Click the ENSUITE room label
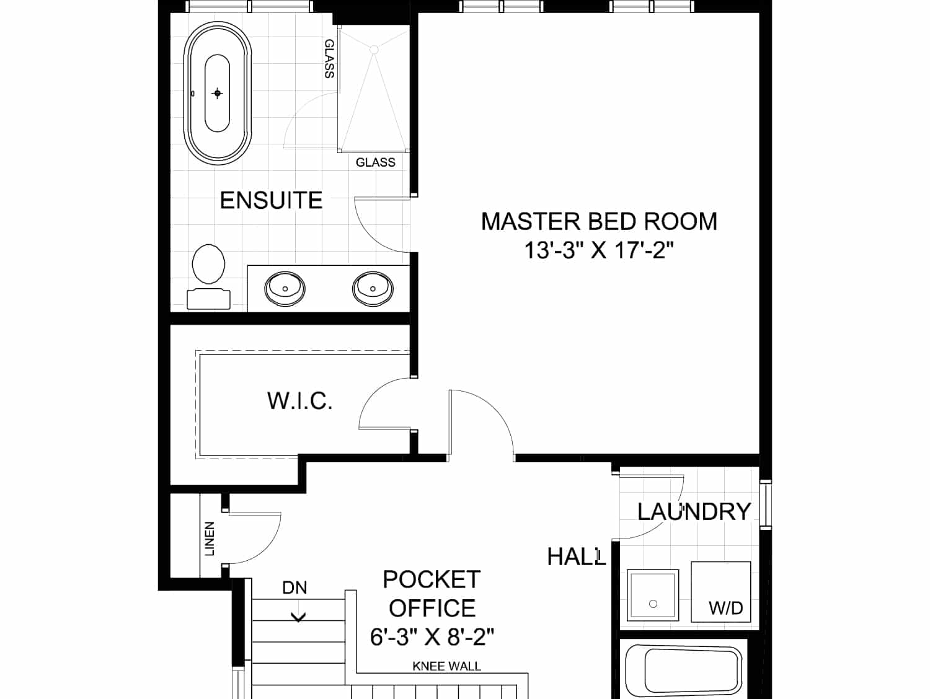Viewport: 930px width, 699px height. (271, 200)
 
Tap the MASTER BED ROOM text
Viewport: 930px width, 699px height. (599, 221)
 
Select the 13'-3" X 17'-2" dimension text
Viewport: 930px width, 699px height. (599, 250)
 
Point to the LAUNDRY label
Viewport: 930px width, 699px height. (694, 511)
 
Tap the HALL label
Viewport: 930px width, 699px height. (576, 556)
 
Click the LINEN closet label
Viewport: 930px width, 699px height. (210, 539)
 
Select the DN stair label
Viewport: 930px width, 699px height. (294, 587)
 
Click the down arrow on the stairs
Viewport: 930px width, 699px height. (299, 618)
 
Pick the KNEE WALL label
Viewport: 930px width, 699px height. (446, 666)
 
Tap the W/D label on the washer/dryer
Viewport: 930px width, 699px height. (726, 609)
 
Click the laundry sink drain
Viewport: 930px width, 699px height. (653, 604)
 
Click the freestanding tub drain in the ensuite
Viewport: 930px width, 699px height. (218, 93)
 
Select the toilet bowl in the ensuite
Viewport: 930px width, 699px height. (208, 264)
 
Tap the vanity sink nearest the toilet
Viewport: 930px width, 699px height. (285, 289)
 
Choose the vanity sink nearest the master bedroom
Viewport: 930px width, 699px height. (373, 289)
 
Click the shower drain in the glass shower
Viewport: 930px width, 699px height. (374, 50)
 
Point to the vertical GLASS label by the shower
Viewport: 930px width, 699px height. (329, 59)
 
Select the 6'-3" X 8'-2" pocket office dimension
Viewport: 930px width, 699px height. (432, 637)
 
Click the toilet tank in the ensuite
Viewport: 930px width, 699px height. (209, 299)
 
